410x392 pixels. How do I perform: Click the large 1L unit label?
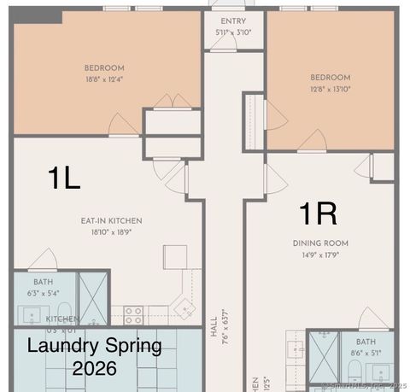click(63, 178)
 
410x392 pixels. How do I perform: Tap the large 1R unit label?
click(318, 212)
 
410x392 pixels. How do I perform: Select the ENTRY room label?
click(233, 20)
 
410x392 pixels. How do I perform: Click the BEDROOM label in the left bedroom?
click(104, 68)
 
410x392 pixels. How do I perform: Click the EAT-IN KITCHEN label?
click(112, 221)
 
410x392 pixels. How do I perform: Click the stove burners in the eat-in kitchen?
click(133, 315)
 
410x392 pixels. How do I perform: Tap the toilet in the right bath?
click(354, 371)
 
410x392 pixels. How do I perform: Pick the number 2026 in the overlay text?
click(95, 370)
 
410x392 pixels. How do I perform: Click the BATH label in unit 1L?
click(43, 281)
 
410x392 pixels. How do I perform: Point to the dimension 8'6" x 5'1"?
click(366, 352)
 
